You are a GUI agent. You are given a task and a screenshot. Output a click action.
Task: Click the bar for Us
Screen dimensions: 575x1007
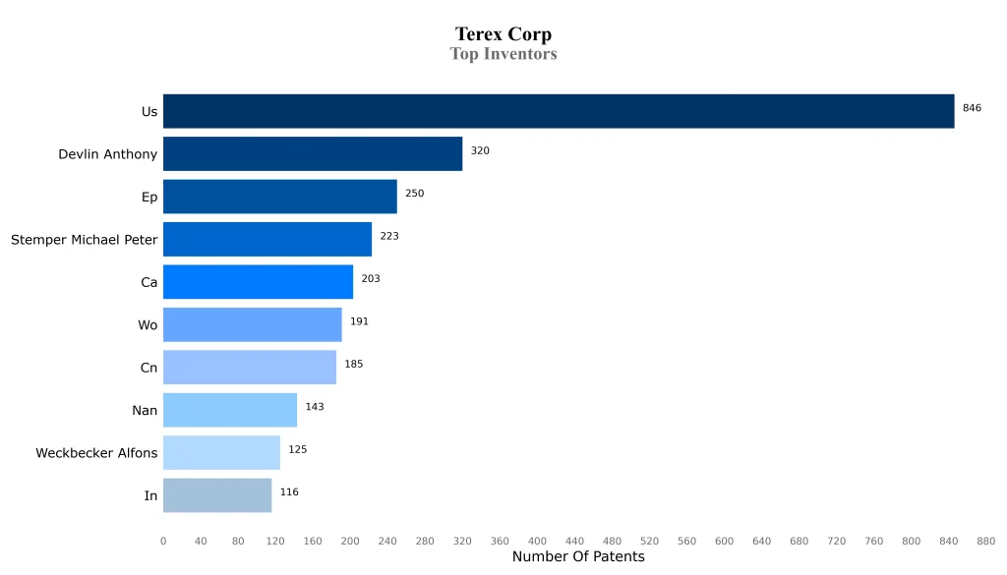click(x=559, y=111)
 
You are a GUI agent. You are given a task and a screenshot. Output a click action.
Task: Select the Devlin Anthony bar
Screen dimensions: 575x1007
click(x=313, y=154)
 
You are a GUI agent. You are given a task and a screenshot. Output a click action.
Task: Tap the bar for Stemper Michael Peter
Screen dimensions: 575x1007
click(x=267, y=239)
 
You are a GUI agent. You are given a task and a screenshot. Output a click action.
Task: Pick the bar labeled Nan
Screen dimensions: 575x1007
click(x=230, y=410)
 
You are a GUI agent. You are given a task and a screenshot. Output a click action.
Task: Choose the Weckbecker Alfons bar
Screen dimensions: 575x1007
click(x=221, y=452)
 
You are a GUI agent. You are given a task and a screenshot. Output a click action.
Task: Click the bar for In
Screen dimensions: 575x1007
click(x=217, y=495)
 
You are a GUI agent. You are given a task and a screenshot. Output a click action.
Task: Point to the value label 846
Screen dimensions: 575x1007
click(x=972, y=108)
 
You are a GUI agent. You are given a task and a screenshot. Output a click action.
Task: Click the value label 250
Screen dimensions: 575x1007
click(x=414, y=194)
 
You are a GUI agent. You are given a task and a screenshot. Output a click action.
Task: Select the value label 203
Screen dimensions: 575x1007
click(x=371, y=279)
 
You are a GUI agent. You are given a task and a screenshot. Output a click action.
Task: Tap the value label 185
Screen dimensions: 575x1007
click(x=353, y=365)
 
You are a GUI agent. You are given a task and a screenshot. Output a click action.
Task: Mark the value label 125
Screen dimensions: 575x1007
click(x=297, y=450)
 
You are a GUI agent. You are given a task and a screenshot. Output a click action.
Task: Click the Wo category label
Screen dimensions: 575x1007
click(x=148, y=325)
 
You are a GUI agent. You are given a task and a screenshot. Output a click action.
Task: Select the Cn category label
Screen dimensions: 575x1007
click(x=148, y=368)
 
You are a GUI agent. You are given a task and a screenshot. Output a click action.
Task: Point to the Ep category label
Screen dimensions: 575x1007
click(x=149, y=197)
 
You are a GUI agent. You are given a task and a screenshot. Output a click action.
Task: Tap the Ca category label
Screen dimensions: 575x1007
click(x=148, y=282)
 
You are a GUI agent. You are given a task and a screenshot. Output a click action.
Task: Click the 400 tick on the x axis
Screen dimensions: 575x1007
click(x=537, y=542)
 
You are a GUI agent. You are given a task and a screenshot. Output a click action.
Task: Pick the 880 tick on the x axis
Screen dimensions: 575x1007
click(x=985, y=542)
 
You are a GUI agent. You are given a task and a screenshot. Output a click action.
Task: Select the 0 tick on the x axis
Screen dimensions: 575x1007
click(x=163, y=542)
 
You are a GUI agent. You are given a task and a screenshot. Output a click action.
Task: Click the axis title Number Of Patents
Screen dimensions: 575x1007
click(x=578, y=557)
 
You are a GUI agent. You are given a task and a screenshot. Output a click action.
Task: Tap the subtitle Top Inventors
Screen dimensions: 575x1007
click(x=503, y=54)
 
